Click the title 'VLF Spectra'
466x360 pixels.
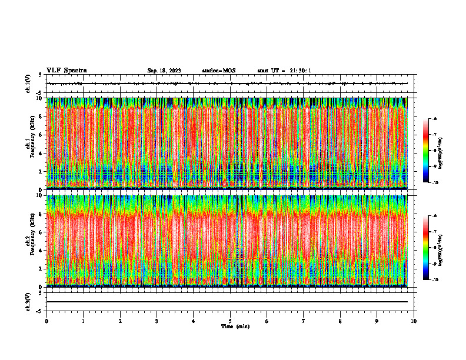click(66, 70)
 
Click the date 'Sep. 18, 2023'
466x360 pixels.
click(164, 71)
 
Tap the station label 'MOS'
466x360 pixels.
click(229, 71)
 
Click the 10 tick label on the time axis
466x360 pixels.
click(414, 321)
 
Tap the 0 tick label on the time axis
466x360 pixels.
click(46, 321)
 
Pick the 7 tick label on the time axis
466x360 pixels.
click(304, 321)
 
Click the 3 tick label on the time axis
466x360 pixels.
click(157, 321)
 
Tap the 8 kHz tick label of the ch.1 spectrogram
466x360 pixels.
click(40, 116)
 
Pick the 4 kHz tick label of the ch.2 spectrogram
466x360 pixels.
click(40, 251)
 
